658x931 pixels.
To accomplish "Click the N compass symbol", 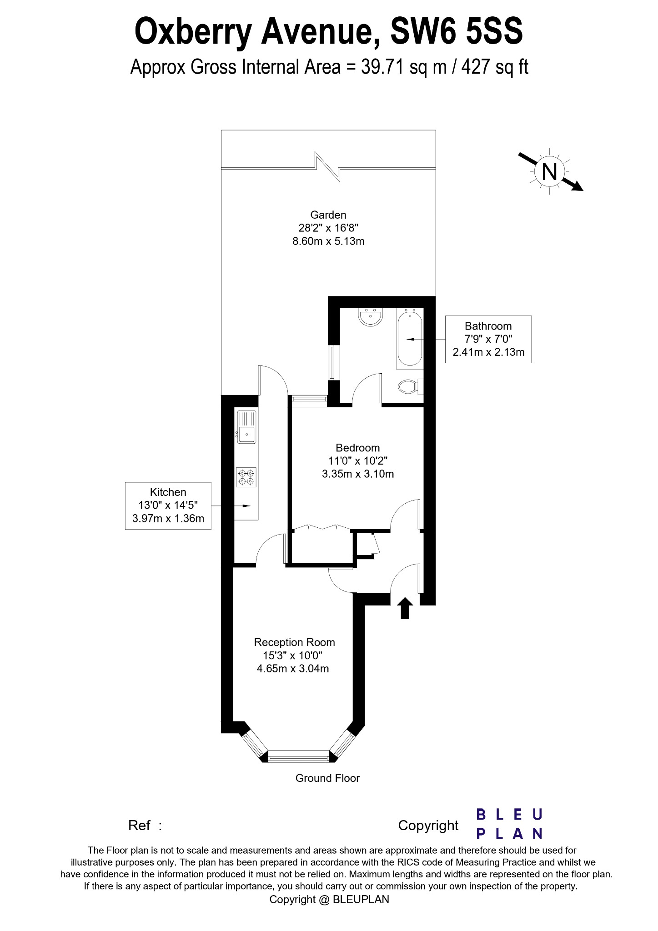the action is [x=550, y=172].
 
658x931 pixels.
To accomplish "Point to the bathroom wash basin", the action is [x=372, y=317].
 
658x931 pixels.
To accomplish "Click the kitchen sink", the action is [x=246, y=427].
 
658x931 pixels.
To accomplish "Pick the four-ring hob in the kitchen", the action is [x=246, y=477].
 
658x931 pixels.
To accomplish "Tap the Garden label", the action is [x=328, y=215].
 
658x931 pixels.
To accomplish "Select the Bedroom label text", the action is [x=357, y=448].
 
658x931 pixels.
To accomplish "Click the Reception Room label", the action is [x=294, y=642].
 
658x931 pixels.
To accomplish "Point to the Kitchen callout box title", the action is [x=168, y=492].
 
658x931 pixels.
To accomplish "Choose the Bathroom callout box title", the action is [x=488, y=326].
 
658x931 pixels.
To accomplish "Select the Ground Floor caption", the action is [x=327, y=778].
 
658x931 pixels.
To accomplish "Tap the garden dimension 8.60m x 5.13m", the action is [x=328, y=241].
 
